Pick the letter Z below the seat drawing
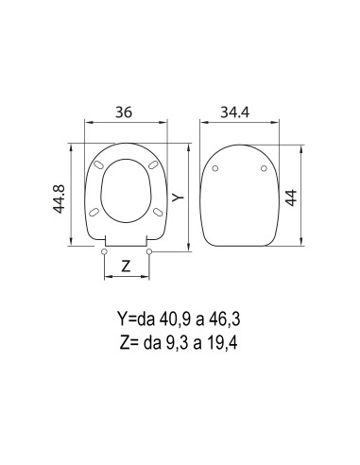coord(126,267)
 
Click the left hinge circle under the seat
coord(103,251)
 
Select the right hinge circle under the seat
coord(149,251)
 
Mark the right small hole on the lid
coord(264,170)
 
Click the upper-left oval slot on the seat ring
coord(101,165)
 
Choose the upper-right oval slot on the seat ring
coord(151,165)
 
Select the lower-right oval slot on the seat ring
coord(156,213)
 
